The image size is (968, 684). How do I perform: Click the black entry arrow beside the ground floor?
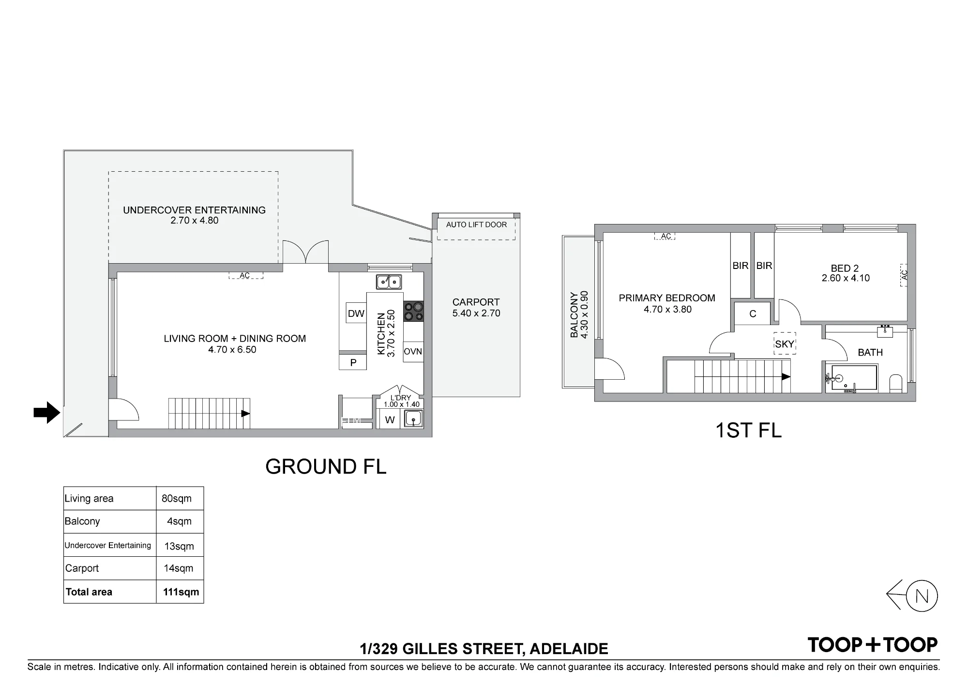pyautogui.click(x=46, y=413)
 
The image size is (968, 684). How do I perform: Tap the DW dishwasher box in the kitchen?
pyautogui.click(x=356, y=313)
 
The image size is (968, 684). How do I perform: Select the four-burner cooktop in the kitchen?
pyautogui.click(x=413, y=311)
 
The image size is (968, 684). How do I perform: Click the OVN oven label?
pyautogui.click(x=413, y=352)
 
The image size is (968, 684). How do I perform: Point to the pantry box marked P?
pyautogui.click(x=353, y=362)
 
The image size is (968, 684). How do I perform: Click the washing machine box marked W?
pyautogui.click(x=390, y=420)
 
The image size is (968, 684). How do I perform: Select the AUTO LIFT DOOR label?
pyautogui.click(x=476, y=224)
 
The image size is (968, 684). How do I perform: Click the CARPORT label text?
pyautogui.click(x=476, y=302)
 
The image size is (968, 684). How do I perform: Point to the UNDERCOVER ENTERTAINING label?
pyautogui.click(x=194, y=210)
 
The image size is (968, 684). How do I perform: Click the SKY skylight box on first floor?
pyautogui.click(x=785, y=343)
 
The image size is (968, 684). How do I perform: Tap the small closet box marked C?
pyautogui.click(x=753, y=313)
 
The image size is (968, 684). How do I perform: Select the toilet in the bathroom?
pyautogui.click(x=896, y=383)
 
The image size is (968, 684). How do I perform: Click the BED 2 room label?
pyautogui.click(x=845, y=268)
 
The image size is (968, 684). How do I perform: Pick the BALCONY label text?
pyautogui.click(x=574, y=314)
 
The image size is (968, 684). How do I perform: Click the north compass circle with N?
pyautogui.click(x=922, y=596)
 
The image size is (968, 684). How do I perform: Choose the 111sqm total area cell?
pyautogui.click(x=181, y=592)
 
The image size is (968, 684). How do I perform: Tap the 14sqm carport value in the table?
pyautogui.click(x=178, y=568)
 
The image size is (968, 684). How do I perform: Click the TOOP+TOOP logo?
pyautogui.click(x=873, y=645)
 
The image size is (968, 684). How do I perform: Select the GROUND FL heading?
pyautogui.click(x=326, y=466)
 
